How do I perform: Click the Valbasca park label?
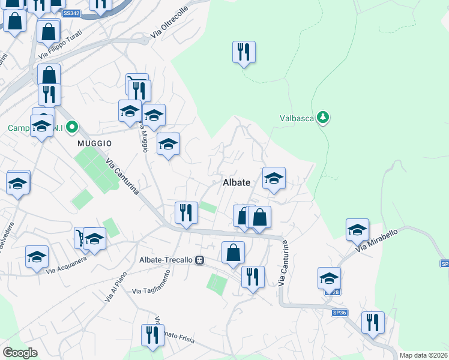pyautogui.click(x=297, y=118)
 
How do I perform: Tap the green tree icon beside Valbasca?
pyautogui.click(x=324, y=117)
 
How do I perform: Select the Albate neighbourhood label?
pyautogui.click(x=236, y=182)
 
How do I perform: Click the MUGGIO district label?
pyautogui.click(x=94, y=143)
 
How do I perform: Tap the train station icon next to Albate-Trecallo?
pyautogui.click(x=199, y=260)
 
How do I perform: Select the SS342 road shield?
pyautogui.click(x=71, y=13)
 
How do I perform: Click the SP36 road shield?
pyautogui.click(x=340, y=313)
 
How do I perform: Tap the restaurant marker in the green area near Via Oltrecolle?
pyautogui.click(x=244, y=52)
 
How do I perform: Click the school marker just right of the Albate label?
pyautogui.click(x=274, y=178)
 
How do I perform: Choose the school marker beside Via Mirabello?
pyautogui.click(x=357, y=230)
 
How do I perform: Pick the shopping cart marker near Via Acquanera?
pyautogui.click(x=80, y=236)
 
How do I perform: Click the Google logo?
pyautogui.click(x=20, y=352)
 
